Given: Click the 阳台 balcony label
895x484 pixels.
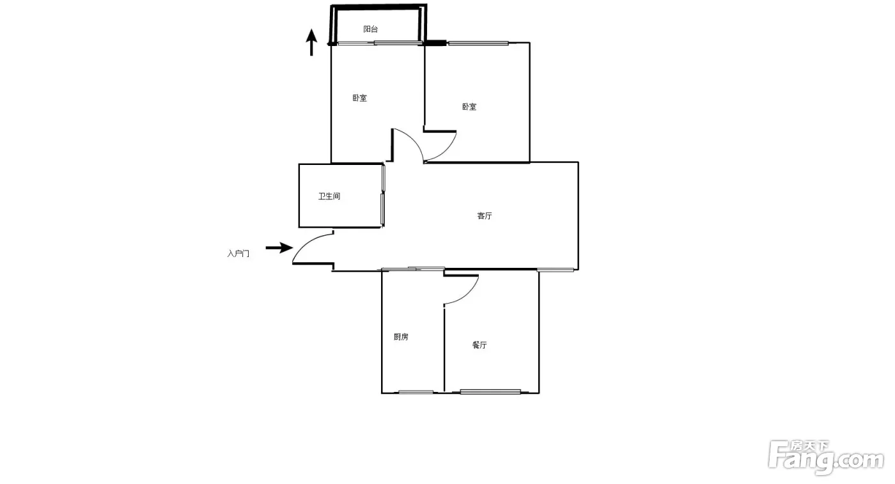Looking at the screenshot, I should (x=370, y=29).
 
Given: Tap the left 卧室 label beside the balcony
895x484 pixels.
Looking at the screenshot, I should (x=359, y=98).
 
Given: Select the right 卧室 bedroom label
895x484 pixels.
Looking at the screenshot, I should (x=469, y=107).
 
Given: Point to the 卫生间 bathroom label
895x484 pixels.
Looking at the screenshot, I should (x=329, y=196).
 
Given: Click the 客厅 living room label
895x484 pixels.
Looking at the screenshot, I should (x=485, y=216).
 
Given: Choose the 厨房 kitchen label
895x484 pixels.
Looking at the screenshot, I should (x=401, y=337).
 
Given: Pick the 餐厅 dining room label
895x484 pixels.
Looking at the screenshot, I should (x=479, y=345).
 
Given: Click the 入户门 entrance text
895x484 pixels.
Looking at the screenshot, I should (x=238, y=254).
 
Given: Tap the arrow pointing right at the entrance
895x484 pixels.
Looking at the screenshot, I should (x=279, y=248).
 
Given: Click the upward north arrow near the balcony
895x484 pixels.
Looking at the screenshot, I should (x=311, y=42).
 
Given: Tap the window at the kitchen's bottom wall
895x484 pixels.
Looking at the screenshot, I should (x=416, y=392).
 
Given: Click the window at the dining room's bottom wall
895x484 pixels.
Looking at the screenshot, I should (x=490, y=391).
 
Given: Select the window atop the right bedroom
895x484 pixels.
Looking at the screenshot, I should (x=478, y=43).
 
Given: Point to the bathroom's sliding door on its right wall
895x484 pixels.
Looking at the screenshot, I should (x=383, y=195).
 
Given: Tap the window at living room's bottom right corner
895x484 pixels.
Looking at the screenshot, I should (x=555, y=270).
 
